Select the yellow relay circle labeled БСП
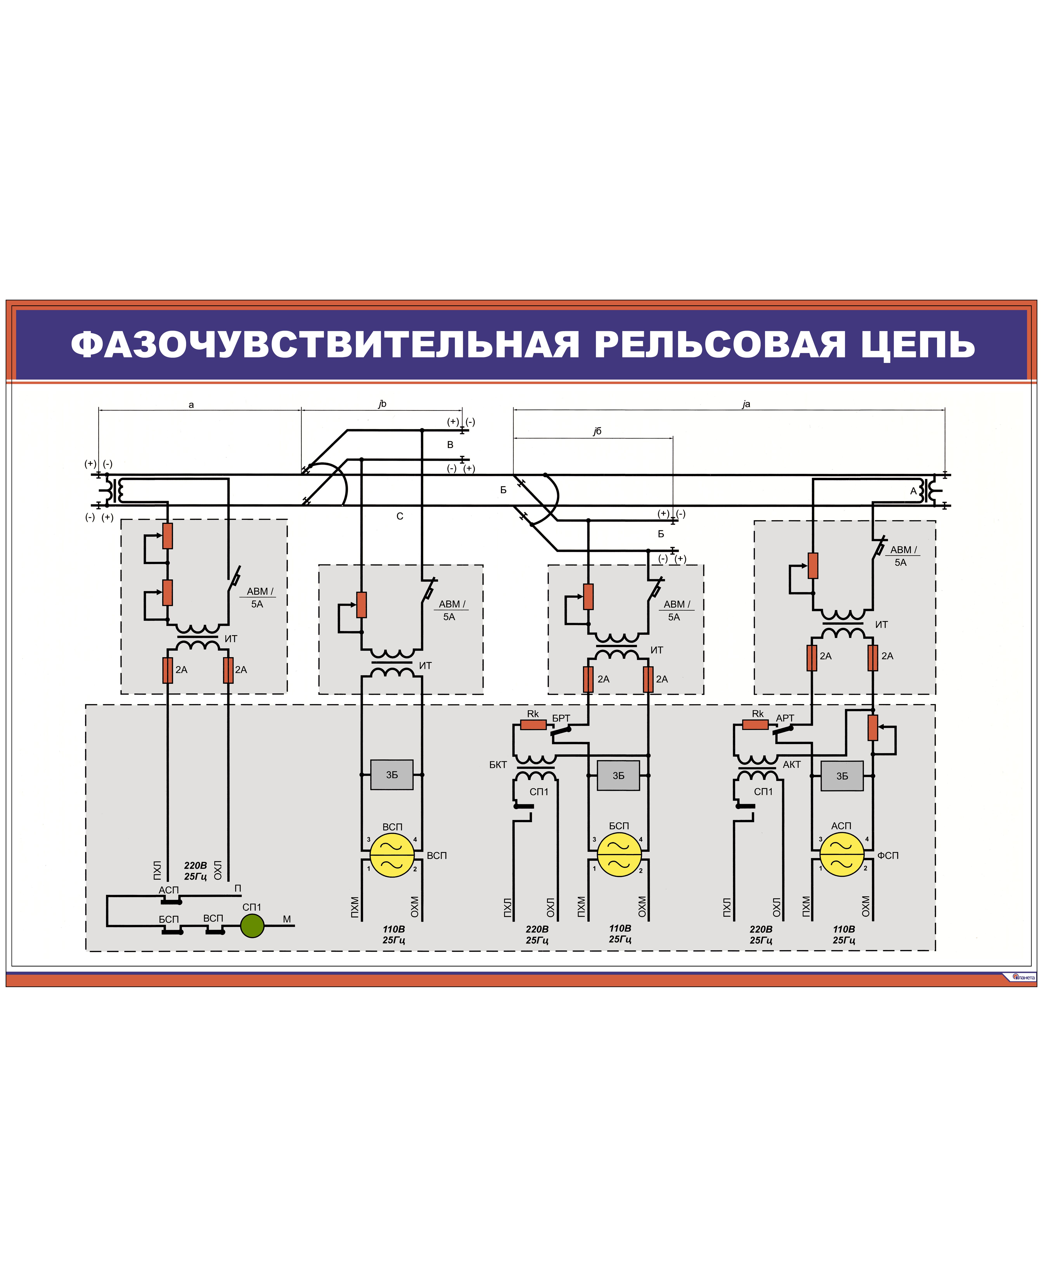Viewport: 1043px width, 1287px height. (x=619, y=855)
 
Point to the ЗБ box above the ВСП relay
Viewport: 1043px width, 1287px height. (x=392, y=775)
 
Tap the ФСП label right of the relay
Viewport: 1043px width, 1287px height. (x=888, y=855)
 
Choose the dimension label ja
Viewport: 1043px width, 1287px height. (x=746, y=404)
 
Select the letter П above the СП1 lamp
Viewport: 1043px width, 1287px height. (x=238, y=888)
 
